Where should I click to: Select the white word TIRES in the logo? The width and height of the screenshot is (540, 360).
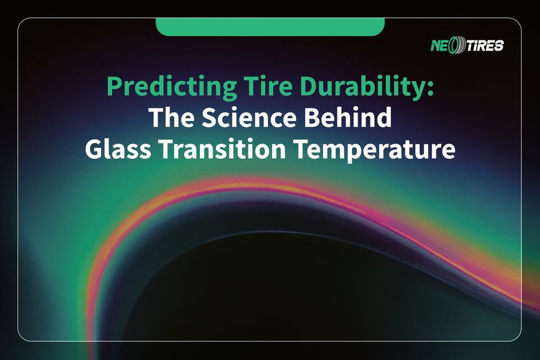click(483, 45)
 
